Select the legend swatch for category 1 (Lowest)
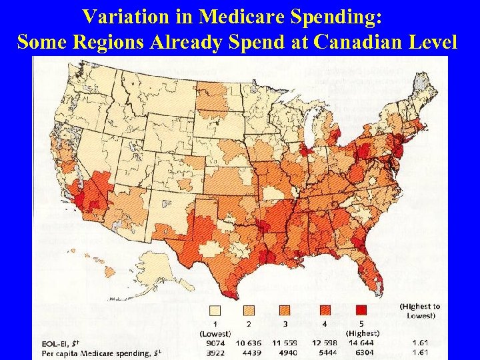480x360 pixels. click(x=215, y=309)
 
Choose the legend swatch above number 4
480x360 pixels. click(x=325, y=309)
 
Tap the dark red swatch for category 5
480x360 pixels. click(x=361, y=309)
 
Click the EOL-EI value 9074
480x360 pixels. click(x=214, y=343)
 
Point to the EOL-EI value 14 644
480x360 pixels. click(x=361, y=343)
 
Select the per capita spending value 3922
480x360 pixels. click(x=214, y=352)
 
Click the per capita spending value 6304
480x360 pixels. click(x=361, y=352)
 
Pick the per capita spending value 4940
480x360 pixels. click(x=288, y=352)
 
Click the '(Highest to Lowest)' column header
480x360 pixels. click(x=419, y=311)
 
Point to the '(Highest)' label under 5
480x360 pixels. click(x=362, y=333)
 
